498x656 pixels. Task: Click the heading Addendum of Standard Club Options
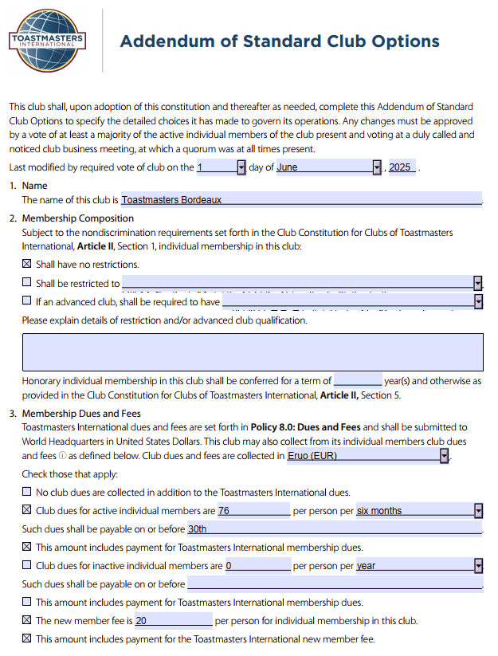[279, 41]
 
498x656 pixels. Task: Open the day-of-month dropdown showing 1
[241, 167]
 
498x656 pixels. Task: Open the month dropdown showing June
[377, 167]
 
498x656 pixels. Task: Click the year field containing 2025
[401, 167]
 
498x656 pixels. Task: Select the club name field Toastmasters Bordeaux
[301, 200]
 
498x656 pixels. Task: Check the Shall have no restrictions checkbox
[27, 264]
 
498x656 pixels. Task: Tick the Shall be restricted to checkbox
[27, 282]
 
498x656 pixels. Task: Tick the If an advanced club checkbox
[27, 301]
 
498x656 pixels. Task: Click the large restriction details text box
[252, 352]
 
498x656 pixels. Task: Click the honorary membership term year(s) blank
[358, 381]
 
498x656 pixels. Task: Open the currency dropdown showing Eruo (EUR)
[445, 456]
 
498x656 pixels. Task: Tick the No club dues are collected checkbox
[27, 492]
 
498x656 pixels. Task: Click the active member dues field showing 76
[253, 511]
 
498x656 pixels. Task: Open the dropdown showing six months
[478, 511]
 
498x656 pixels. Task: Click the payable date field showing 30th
[335, 529]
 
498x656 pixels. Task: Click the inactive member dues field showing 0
[257, 566]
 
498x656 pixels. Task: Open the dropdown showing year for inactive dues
[478, 566]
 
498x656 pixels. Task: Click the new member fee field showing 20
[173, 621]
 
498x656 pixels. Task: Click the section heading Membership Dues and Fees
[81, 414]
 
